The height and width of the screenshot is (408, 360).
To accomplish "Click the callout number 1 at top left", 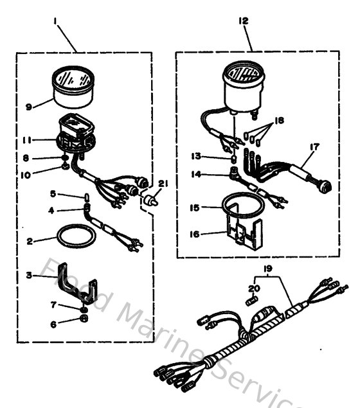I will point(56,21).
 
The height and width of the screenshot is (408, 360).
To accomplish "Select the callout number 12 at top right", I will point(244,21).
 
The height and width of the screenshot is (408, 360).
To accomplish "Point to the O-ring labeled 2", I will point(74,236).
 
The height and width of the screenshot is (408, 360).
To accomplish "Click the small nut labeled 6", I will point(84,318).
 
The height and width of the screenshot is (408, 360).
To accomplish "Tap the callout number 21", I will point(163,183).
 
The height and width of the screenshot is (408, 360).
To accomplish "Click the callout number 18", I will point(278,120).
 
